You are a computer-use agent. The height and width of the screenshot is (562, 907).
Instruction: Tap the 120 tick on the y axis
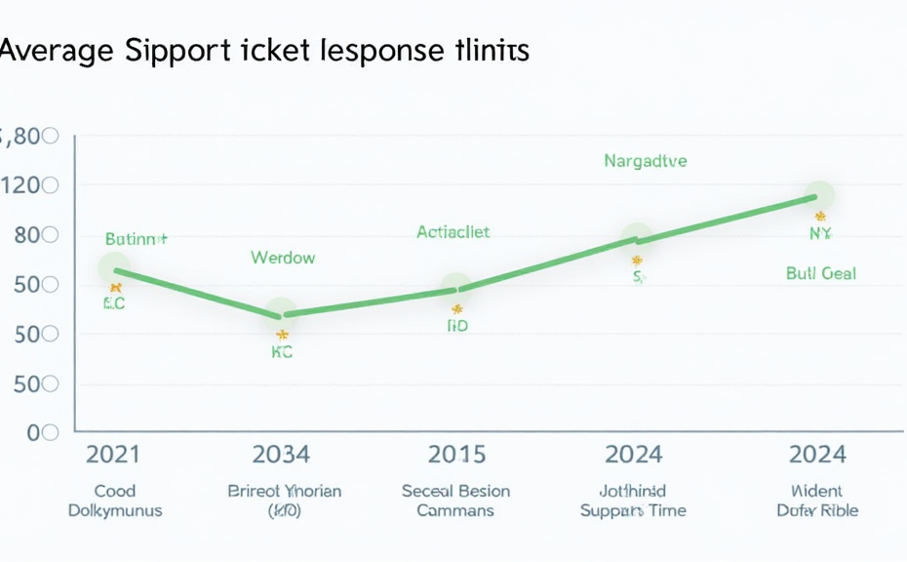coord(29,185)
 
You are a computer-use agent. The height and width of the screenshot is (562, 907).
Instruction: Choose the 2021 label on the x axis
coord(113,454)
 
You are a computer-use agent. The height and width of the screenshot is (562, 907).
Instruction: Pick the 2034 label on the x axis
coord(281,454)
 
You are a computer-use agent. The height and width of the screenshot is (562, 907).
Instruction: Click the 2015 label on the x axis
coord(455,454)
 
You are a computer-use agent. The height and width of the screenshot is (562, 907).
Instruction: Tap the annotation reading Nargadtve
coord(645,161)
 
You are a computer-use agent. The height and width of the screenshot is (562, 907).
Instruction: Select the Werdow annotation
coord(283,259)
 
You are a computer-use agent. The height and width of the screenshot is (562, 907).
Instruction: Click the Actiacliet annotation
coord(453,232)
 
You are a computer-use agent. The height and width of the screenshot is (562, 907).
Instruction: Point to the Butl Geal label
coord(820,273)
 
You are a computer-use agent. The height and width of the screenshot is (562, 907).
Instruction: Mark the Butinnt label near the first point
coord(136,238)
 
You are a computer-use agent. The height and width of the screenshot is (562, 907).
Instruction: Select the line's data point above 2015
coord(454,289)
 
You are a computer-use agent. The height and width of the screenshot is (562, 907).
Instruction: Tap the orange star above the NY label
coord(820,216)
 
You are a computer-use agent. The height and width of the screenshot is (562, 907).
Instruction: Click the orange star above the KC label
coord(282,336)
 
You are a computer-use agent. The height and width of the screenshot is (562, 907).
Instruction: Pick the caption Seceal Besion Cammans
coord(455,501)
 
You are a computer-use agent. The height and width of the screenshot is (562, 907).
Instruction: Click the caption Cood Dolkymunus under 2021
coord(114,501)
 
